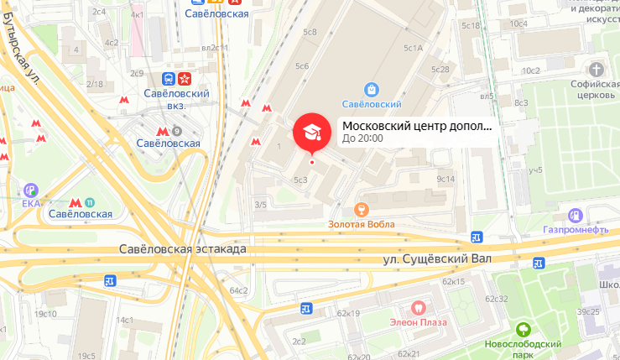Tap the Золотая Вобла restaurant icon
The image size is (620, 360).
point(362,208)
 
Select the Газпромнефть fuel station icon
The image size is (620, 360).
point(576,216)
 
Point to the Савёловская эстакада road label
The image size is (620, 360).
point(194,249)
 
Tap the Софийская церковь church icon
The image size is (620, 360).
point(597,69)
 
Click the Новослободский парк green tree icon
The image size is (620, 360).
point(523,330)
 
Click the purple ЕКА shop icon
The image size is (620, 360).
point(32,190)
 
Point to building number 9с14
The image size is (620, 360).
point(445,179)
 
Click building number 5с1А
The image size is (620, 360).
point(413,48)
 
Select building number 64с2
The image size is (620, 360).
point(239,290)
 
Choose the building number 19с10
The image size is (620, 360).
point(45,314)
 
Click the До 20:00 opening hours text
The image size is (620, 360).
point(363,138)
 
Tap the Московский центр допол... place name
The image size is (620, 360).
point(417,126)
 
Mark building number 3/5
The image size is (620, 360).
point(260,205)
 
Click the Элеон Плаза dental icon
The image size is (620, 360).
point(418,307)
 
